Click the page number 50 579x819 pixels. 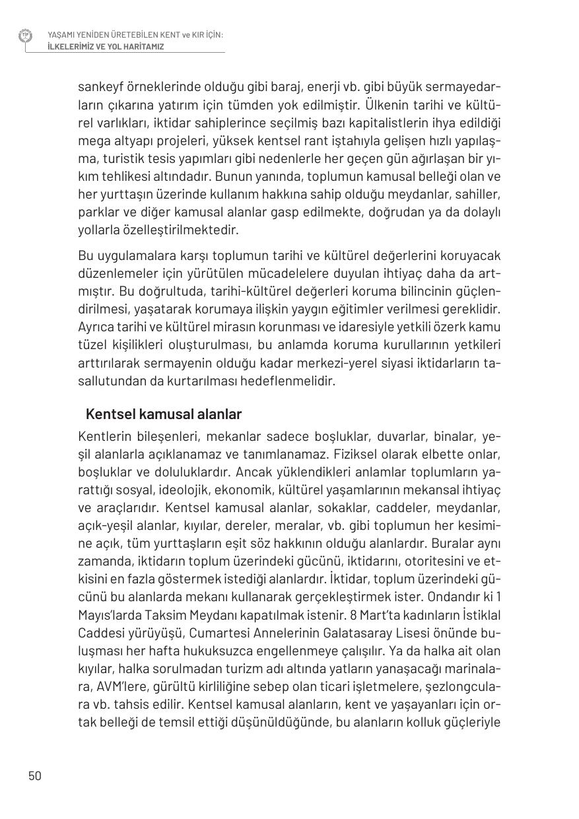(35, 775)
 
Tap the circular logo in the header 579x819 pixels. (26, 36)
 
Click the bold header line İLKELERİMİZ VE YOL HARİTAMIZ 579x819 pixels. (106, 47)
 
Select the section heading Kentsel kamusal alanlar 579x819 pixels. (164, 414)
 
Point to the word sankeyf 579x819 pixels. (102, 87)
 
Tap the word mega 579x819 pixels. (92, 141)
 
